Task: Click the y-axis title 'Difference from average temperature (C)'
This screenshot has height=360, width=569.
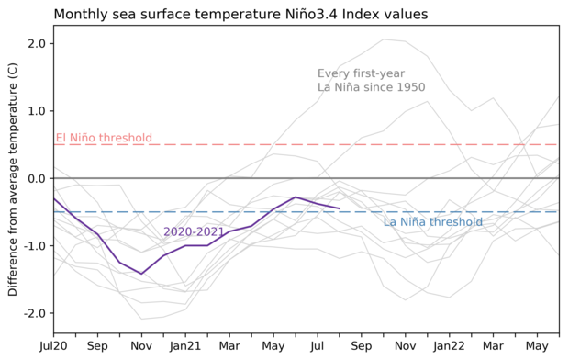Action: tap(13, 178)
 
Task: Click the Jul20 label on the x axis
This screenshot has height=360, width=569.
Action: tap(53, 346)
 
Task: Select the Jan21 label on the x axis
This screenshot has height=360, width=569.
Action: tap(185, 346)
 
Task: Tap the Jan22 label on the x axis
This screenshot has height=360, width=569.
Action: tap(450, 346)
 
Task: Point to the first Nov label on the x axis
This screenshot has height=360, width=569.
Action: tap(141, 346)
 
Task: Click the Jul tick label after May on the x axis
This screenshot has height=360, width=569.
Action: tap(318, 346)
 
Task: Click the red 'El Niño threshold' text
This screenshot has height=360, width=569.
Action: tap(104, 139)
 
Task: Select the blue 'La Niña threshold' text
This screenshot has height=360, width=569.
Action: tap(432, 222)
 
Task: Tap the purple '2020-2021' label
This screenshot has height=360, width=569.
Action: tap(194, 232)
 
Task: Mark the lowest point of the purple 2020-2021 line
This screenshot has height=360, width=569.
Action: tap(141, 274)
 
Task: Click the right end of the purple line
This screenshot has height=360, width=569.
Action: tap(340, 208)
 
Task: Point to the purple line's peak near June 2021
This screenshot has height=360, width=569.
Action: tap(296, 197)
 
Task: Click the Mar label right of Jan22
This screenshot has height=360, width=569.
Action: tap(494, 346)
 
